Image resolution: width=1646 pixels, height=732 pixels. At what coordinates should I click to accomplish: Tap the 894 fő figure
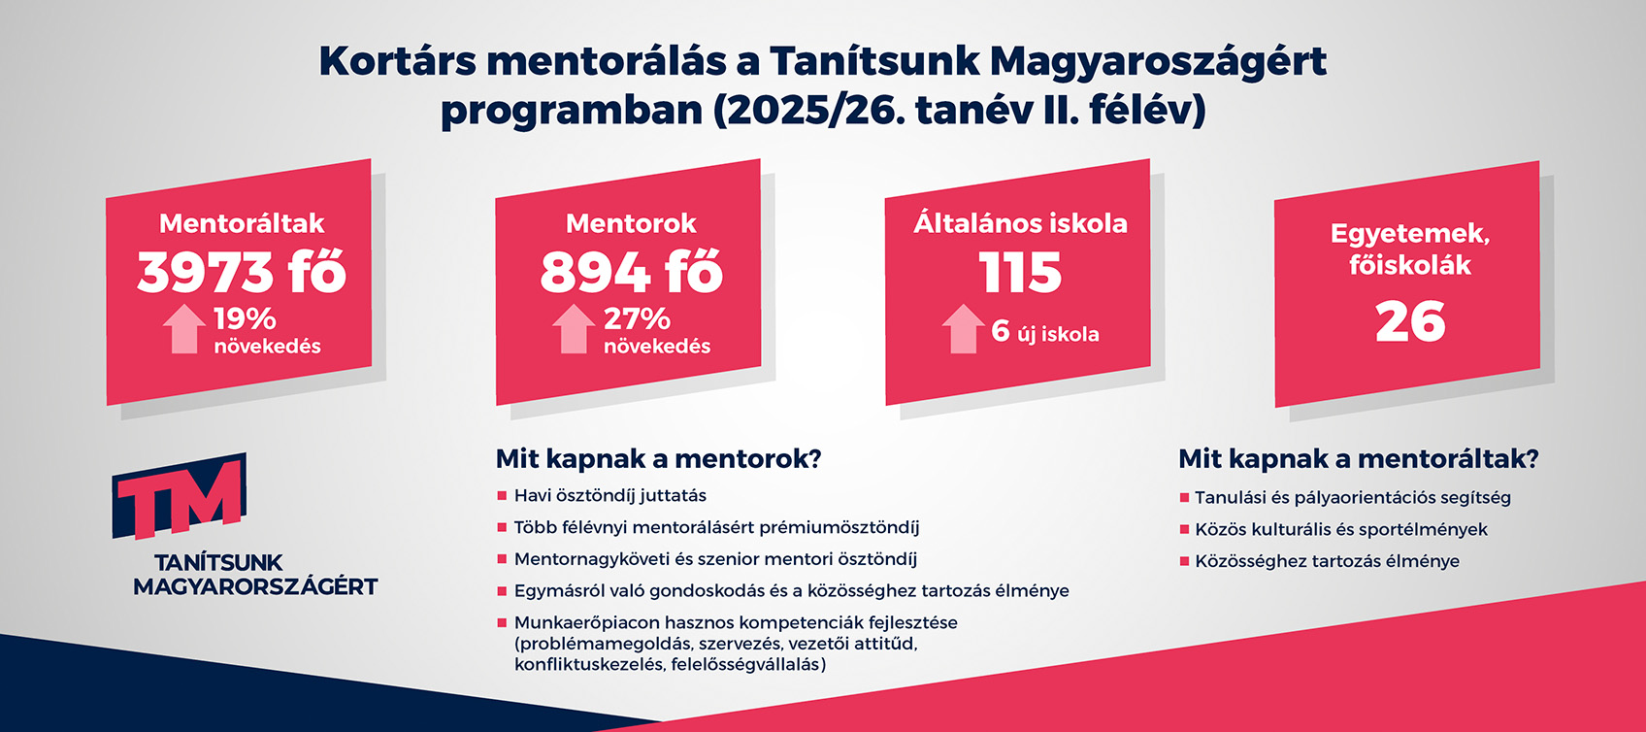631,273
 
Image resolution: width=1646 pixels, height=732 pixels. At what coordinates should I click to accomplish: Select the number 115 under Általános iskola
1020,273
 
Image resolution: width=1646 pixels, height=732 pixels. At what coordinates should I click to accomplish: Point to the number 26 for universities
1410,321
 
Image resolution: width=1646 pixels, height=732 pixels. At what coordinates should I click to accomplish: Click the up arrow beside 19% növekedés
183,328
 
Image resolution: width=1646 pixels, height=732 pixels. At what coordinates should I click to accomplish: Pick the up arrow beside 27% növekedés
574,328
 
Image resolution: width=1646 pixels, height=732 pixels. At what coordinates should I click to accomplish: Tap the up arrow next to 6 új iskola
963,328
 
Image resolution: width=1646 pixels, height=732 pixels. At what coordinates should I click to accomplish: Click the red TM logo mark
180,495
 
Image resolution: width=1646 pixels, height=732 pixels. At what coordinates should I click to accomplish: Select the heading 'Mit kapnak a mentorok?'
658,459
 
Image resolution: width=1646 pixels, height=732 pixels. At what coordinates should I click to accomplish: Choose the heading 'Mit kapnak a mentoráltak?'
1359,459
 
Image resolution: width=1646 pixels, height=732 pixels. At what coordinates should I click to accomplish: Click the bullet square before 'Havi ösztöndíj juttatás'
502,496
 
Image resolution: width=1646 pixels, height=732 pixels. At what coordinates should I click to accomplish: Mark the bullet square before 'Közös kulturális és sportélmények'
1184,529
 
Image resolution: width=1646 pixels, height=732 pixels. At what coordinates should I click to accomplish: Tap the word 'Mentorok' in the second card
631,223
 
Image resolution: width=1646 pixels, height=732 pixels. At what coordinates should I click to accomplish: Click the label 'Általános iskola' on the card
1020,222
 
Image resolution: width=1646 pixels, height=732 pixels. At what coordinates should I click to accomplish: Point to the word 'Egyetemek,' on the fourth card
1410,234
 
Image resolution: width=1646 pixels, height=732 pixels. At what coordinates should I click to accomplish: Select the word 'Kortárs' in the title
398,62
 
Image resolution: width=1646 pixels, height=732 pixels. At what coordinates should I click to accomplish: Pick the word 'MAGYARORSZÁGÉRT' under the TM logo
255,586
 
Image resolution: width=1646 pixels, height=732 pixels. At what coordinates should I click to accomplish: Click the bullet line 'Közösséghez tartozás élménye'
1327,561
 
